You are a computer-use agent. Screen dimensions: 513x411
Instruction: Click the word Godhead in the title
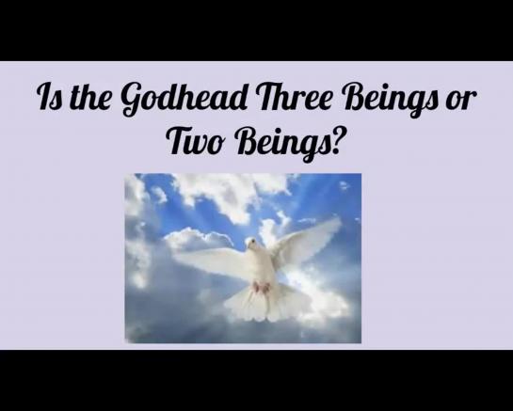click(184, 99)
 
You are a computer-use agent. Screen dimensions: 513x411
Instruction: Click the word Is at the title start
click(49, 97)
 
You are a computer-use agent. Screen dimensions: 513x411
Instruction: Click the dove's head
click(252, 244)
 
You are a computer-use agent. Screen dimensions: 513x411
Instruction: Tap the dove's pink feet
click(261, 287)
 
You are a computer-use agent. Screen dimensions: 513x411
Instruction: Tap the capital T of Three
click(265, 97)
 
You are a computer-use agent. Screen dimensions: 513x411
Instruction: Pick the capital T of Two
click(179, 140)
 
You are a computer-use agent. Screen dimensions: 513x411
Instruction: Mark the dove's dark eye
click(251, 242)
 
